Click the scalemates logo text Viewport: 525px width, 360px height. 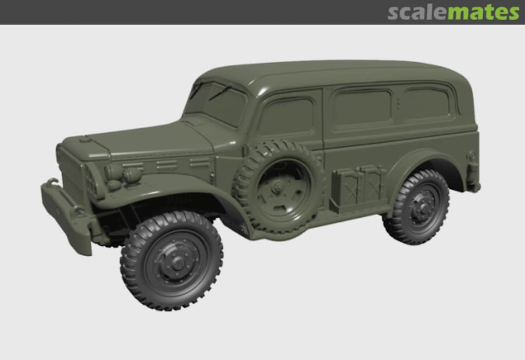click(454, 12)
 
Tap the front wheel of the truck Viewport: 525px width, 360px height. click(172, 261)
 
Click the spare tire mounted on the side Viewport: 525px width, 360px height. click(279, 188)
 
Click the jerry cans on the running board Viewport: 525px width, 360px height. click(359, 186)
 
